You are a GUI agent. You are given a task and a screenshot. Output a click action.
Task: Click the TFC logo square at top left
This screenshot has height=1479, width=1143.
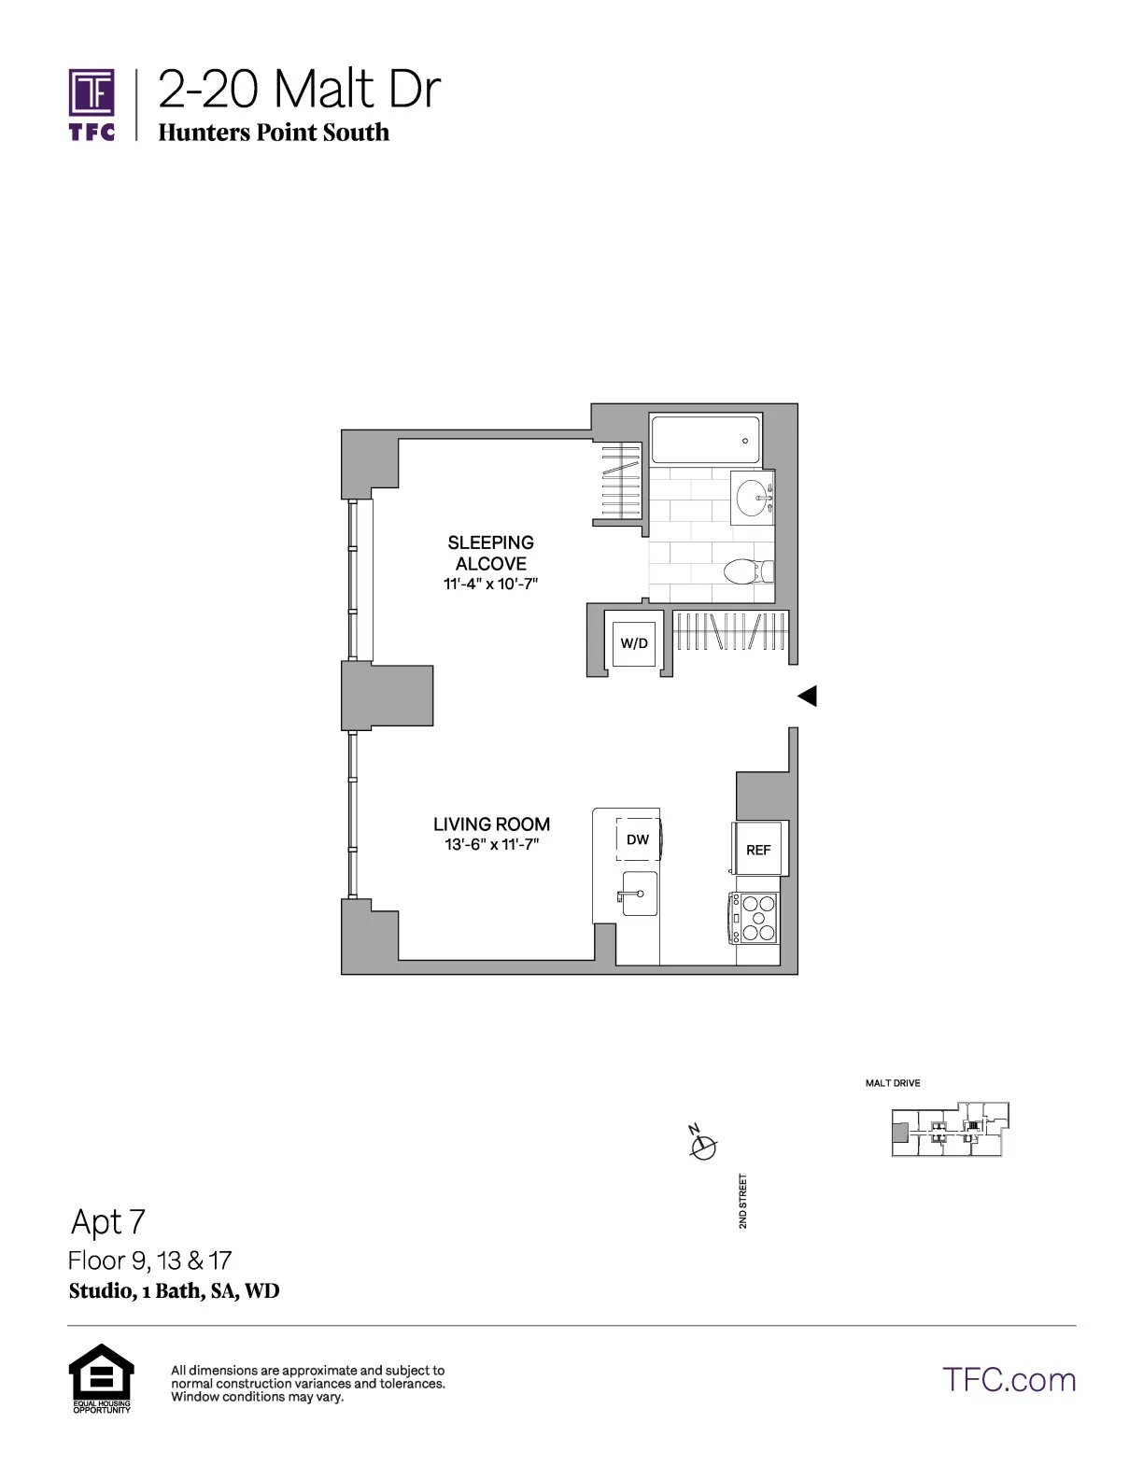point(92,93)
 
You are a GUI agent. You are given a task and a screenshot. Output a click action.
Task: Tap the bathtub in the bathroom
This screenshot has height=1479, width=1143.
point(706,440)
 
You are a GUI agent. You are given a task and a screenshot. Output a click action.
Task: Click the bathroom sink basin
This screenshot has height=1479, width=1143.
point(752,498)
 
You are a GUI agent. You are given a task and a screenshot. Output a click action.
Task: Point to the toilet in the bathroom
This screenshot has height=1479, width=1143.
point(747,570)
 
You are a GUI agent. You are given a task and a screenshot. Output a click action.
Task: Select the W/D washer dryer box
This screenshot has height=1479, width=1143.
point(634,642)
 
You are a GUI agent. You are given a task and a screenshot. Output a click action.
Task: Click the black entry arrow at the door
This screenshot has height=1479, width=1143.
point(808,696)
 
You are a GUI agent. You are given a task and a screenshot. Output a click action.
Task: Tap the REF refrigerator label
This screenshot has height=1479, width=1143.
point(758,850)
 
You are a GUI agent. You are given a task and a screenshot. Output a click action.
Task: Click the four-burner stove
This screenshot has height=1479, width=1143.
point(756,918)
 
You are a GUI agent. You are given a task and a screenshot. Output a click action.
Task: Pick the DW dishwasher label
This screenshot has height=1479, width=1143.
point(638,839)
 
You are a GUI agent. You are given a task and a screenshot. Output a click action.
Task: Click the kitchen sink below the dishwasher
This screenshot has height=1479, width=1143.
point(639,894)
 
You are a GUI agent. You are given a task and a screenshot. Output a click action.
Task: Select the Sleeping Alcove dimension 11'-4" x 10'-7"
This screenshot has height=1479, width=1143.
point(491,585)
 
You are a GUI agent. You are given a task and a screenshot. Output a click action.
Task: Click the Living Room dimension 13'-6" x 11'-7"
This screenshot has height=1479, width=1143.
point(491,845)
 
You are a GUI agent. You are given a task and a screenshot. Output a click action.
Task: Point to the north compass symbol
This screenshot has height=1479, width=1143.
point(702,1145)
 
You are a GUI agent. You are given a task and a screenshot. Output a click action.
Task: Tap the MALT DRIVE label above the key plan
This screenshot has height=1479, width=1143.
point(893,1083)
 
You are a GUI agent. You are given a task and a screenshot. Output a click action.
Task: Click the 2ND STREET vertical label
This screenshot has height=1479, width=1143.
point(743,1201)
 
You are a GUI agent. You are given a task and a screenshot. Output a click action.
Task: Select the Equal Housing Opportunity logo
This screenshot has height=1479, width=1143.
point(102,1377)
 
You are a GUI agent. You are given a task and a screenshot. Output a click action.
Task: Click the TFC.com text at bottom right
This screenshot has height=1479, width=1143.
point(1009,1380)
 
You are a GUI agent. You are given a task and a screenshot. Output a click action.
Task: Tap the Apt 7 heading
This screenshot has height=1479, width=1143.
point(108,1221)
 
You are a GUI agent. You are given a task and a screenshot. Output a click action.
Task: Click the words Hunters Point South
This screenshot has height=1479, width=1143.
point(274,133)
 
